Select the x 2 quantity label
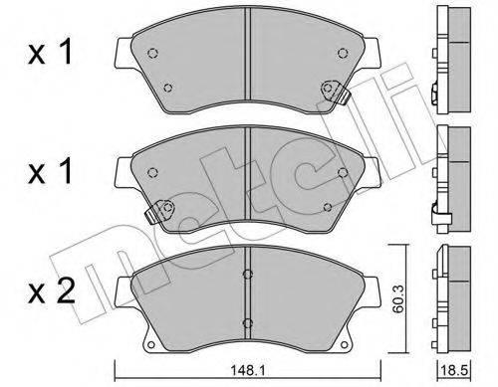(x=52, y=291)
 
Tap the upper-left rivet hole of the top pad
(x=152, y=53)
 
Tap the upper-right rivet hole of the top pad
(x=343, y=53)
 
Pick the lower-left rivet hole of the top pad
(x=168, y=88)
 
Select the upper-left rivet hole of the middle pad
(x=152, y=172)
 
